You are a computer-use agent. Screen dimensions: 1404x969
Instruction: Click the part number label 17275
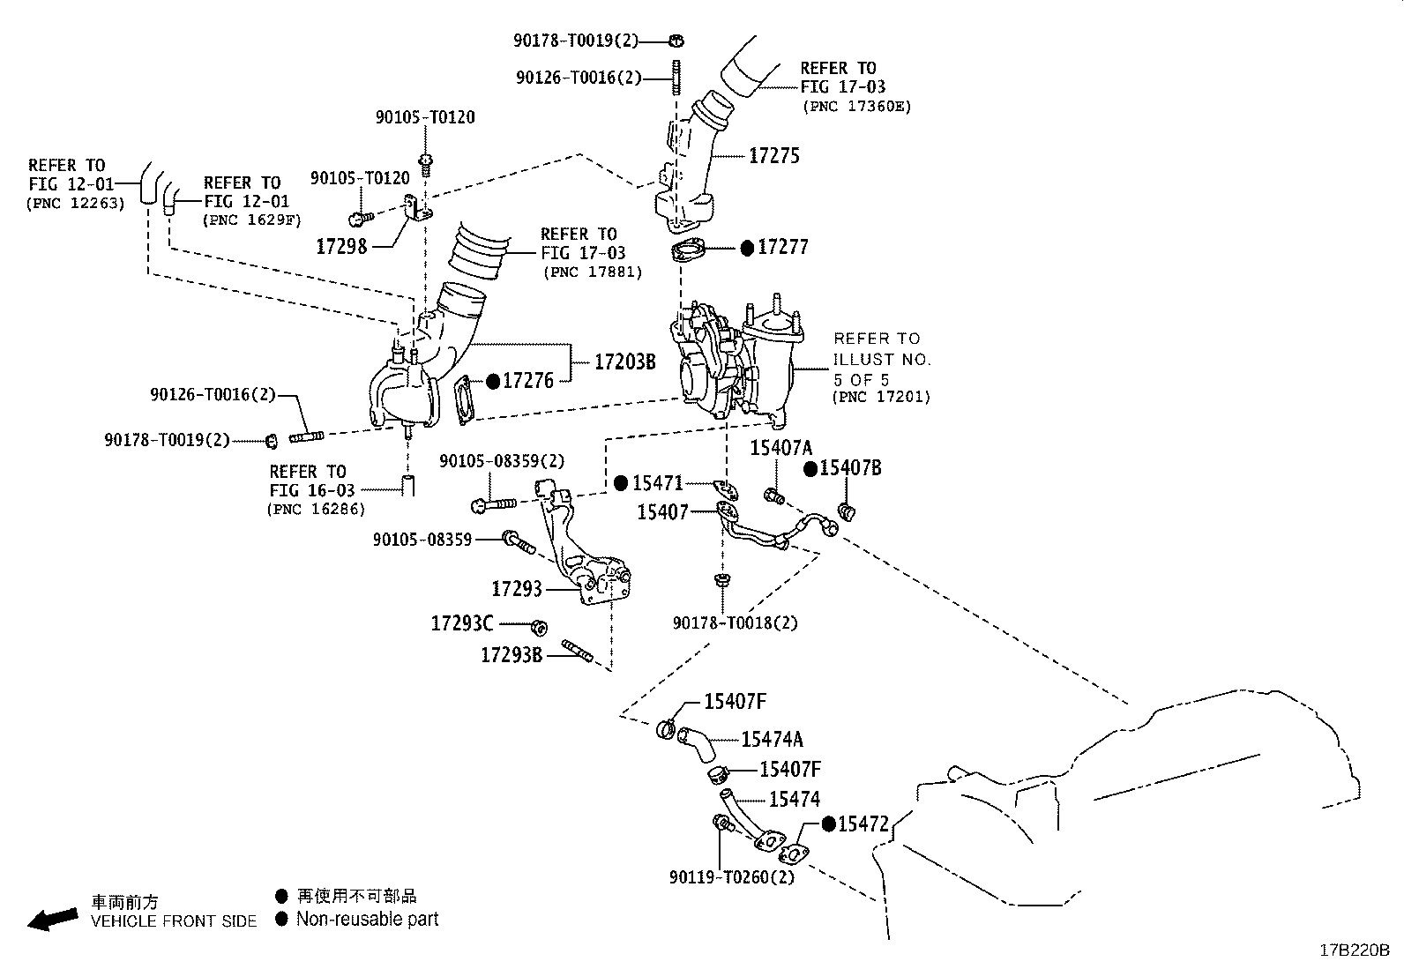point(774,155)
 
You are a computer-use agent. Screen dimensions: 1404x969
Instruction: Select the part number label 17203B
point(625,362)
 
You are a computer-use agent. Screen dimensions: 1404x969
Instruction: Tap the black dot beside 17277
point(747,249)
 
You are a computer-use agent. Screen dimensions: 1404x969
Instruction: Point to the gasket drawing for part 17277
point(688,251)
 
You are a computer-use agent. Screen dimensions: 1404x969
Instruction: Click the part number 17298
point(341,246)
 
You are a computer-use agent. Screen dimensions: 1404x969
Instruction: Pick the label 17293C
point(462,623)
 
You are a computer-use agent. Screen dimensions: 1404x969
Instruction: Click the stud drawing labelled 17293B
point(578,650)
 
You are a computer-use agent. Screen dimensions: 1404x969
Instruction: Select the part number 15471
point(658,483)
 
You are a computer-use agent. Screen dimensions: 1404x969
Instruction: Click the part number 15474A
point(772,740)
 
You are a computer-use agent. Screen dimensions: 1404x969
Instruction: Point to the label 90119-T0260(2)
point(731,877)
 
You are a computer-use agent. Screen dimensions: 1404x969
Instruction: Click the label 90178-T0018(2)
point(736,623)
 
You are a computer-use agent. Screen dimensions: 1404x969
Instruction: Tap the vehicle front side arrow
point(53,920)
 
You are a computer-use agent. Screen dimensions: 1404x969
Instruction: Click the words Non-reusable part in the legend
point(367,919)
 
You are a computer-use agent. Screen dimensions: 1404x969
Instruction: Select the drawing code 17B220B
point(1355,950)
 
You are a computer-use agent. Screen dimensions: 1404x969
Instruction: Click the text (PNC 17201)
point(881,397)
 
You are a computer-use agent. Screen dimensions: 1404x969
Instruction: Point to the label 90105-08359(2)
point(502,461)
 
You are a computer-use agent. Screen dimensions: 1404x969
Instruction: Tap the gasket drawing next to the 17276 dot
point(463,399)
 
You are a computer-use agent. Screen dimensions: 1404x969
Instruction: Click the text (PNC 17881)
point(593,272)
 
